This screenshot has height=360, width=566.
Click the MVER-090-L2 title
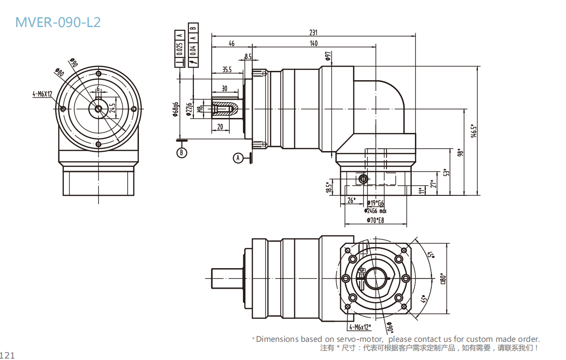58,22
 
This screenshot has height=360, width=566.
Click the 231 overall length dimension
313,32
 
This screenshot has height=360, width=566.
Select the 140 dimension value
313,43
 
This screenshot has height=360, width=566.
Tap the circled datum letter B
182,152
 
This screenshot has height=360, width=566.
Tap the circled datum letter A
238,158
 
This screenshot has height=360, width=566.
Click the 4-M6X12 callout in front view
42,94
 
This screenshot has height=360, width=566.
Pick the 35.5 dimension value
227,69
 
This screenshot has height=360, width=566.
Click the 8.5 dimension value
248,56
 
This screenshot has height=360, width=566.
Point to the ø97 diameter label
328,56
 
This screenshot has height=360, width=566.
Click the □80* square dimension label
443,279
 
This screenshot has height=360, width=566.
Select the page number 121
8,355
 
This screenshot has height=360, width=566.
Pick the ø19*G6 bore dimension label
375,203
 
